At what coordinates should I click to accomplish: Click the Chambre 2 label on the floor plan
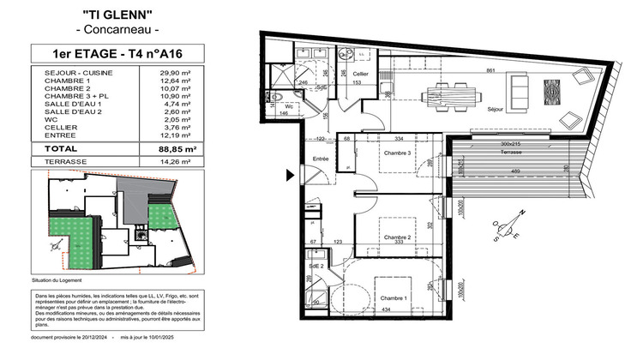[399, 237]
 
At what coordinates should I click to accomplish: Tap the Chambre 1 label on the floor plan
[395, 297]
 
